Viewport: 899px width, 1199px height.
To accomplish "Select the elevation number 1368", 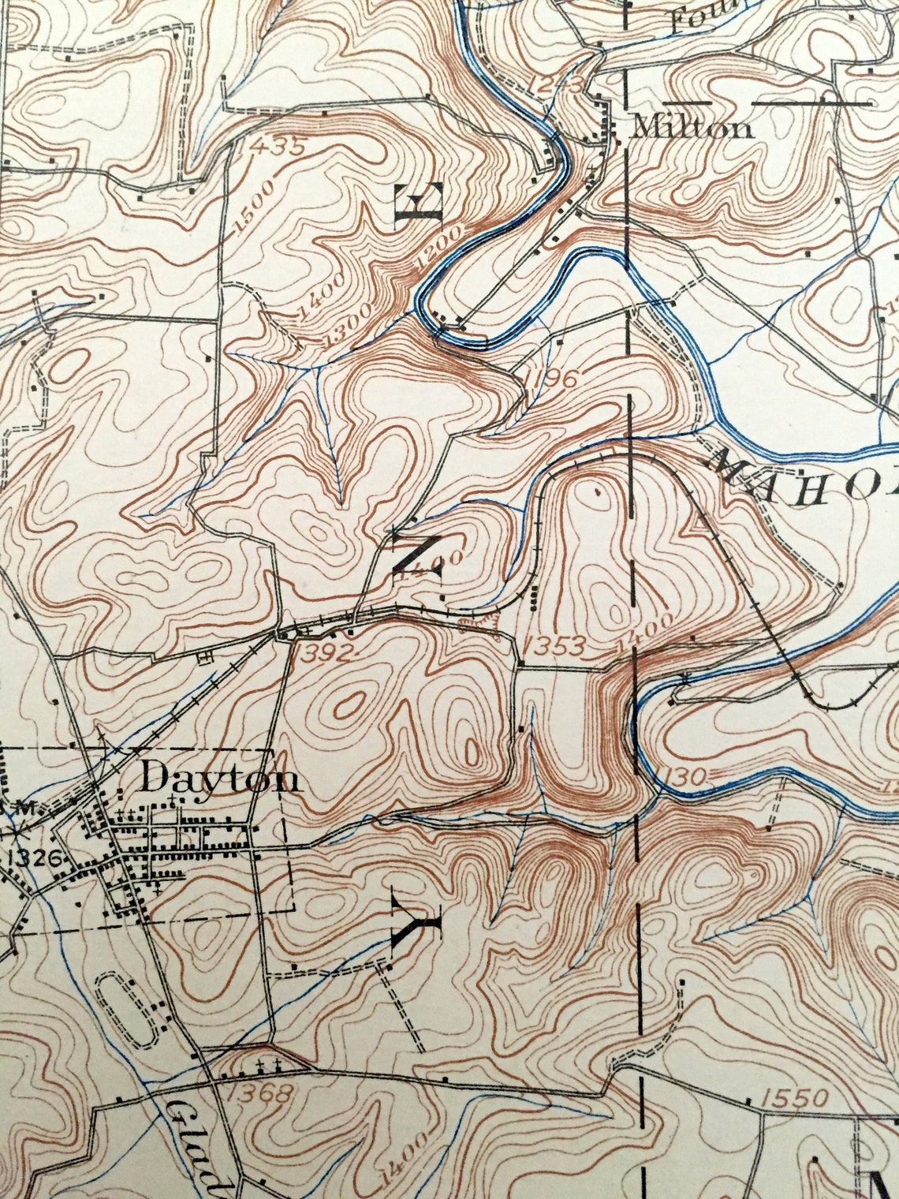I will (x=259, y=1093).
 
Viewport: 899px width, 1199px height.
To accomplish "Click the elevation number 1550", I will (x=796, y=1097).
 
